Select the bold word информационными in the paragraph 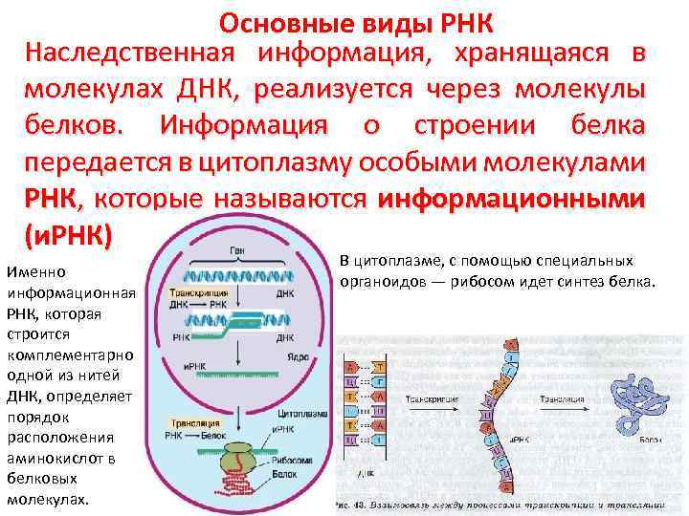point(511,200)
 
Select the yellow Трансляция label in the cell point(193,421)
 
